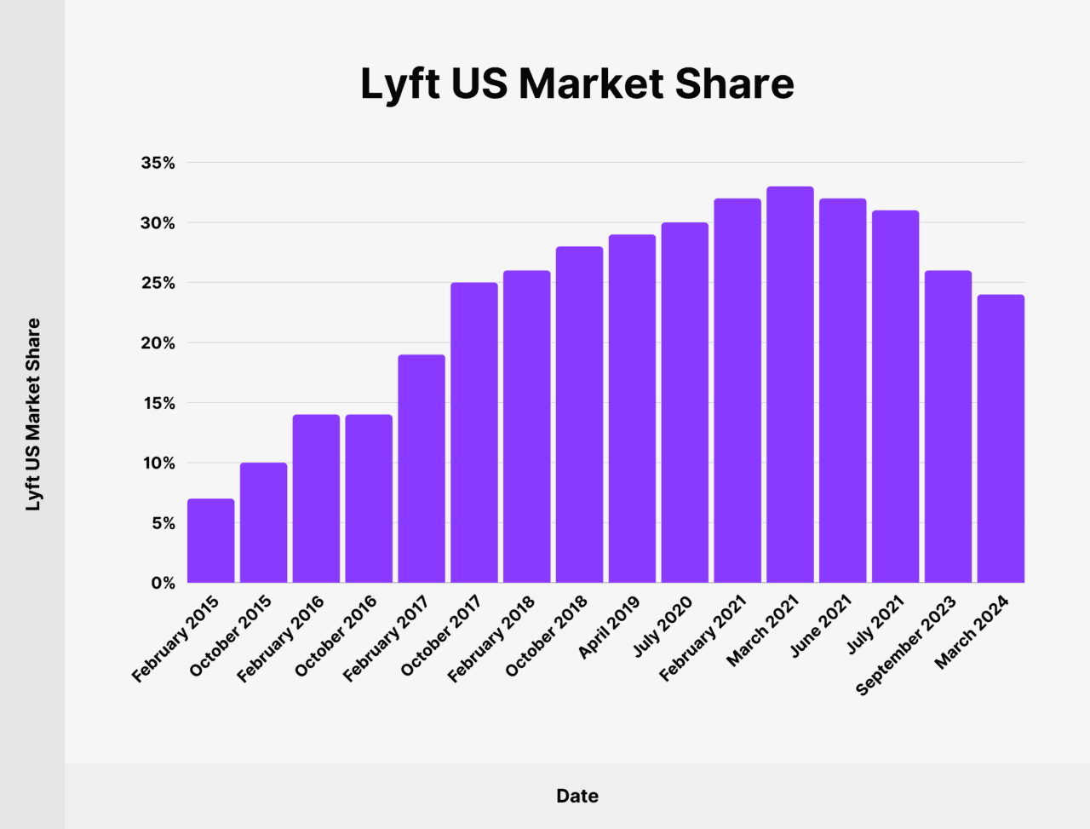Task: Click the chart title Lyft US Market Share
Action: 577,83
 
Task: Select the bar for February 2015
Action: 210,541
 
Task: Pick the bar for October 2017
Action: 473,433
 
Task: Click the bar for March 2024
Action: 1001,439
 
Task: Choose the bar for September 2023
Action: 948,427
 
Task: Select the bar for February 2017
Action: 421,469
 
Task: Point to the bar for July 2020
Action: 685,403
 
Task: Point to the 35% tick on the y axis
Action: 158,163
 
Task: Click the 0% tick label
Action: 163,584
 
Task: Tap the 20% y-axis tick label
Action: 158,343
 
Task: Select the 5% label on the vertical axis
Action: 163,523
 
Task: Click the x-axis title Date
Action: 577,796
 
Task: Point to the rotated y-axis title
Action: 33,415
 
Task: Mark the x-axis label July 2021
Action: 875,626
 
